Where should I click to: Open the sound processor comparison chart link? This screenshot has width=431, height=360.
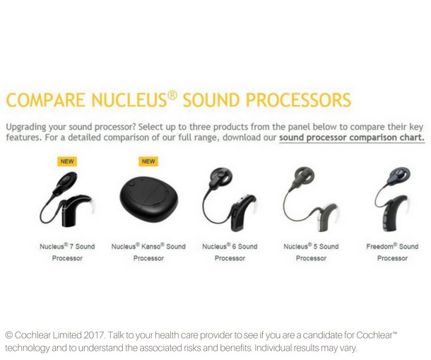[x=351, y=137]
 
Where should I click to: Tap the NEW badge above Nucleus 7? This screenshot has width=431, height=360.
[x=67, y=161]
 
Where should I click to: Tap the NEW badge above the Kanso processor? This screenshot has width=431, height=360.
[x=148, y=161]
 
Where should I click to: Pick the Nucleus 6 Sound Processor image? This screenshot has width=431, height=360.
[x=230, y=202]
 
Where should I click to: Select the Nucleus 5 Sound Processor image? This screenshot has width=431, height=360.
[x=311, y=202]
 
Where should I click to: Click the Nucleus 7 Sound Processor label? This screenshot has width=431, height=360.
[x=67, y=252]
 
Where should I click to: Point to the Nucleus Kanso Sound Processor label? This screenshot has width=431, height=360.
[x=148, y=252]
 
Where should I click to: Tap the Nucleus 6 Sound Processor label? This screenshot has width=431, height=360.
[x=230, y=252]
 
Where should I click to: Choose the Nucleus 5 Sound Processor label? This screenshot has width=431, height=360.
[x=311, y=252]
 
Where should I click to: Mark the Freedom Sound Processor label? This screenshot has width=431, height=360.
[x=392, y=252]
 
